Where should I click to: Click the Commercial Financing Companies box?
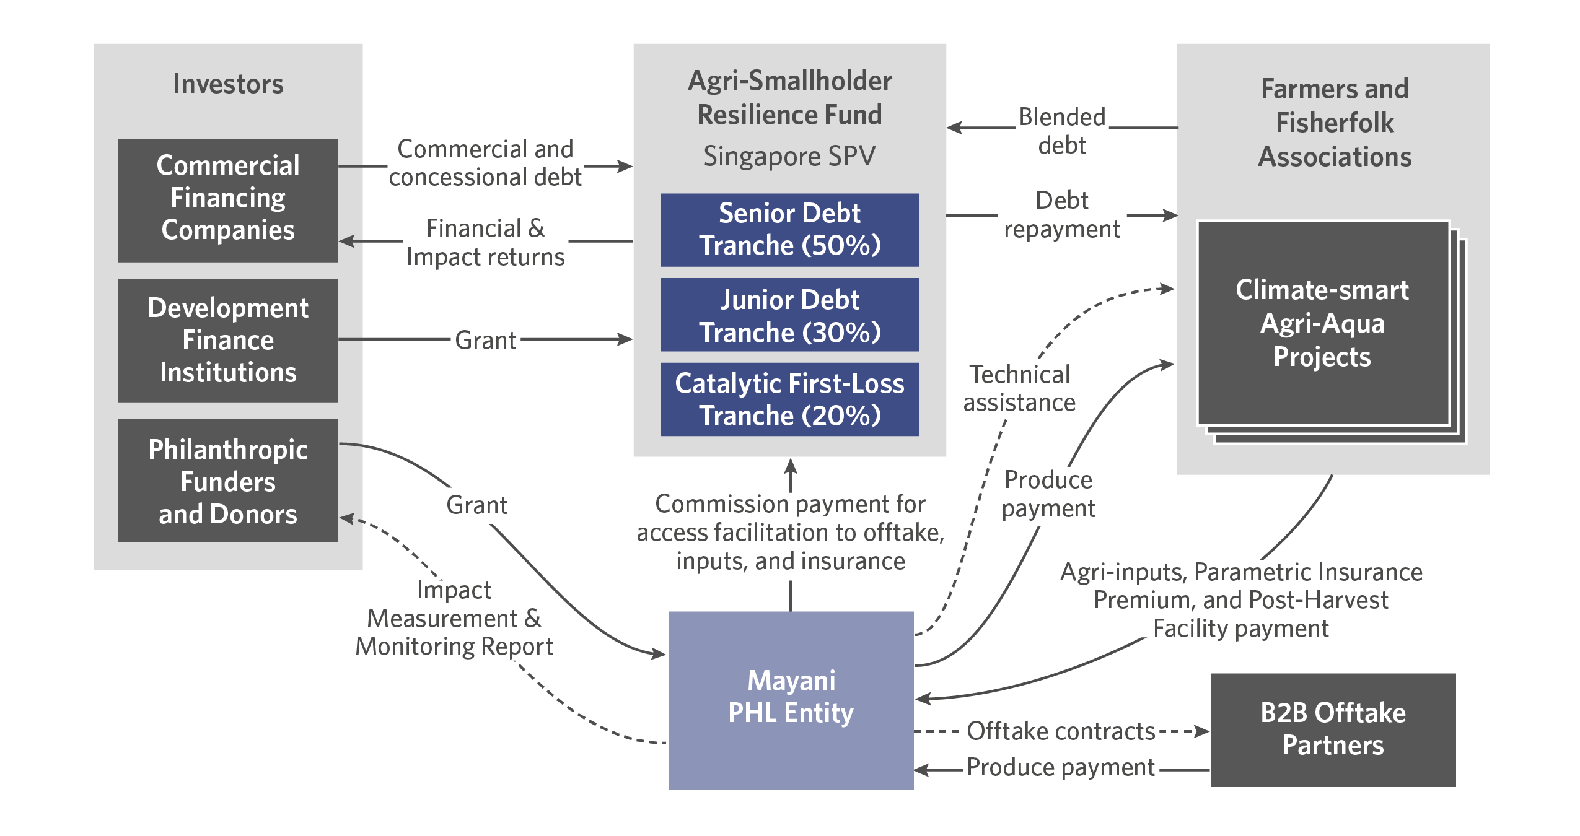pos(228,199)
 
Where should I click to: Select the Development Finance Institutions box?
pos(228,340)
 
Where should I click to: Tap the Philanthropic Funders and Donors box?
pos(228,481)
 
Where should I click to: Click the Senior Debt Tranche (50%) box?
pos(789,230)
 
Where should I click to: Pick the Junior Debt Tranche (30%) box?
pos(789,315)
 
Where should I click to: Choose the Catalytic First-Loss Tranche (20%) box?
pos(789,399)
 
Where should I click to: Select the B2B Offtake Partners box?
pos(1333,729)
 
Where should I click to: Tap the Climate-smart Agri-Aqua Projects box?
pos(1322,323)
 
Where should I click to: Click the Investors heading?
pos(228,84)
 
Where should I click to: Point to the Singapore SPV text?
pos(789,156)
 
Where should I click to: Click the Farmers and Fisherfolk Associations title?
pos(1335,123)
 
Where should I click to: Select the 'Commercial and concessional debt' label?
pos(485,163)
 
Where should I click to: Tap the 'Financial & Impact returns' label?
pos(485,243)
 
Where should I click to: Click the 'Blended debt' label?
pos(1062,131)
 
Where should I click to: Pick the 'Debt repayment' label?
pos(1062,214)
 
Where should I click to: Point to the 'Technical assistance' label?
pos(1019,388)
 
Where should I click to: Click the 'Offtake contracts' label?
pos(1061,731)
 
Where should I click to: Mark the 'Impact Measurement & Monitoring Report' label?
pos(454,618)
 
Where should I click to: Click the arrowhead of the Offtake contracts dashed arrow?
pos(1203,731)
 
